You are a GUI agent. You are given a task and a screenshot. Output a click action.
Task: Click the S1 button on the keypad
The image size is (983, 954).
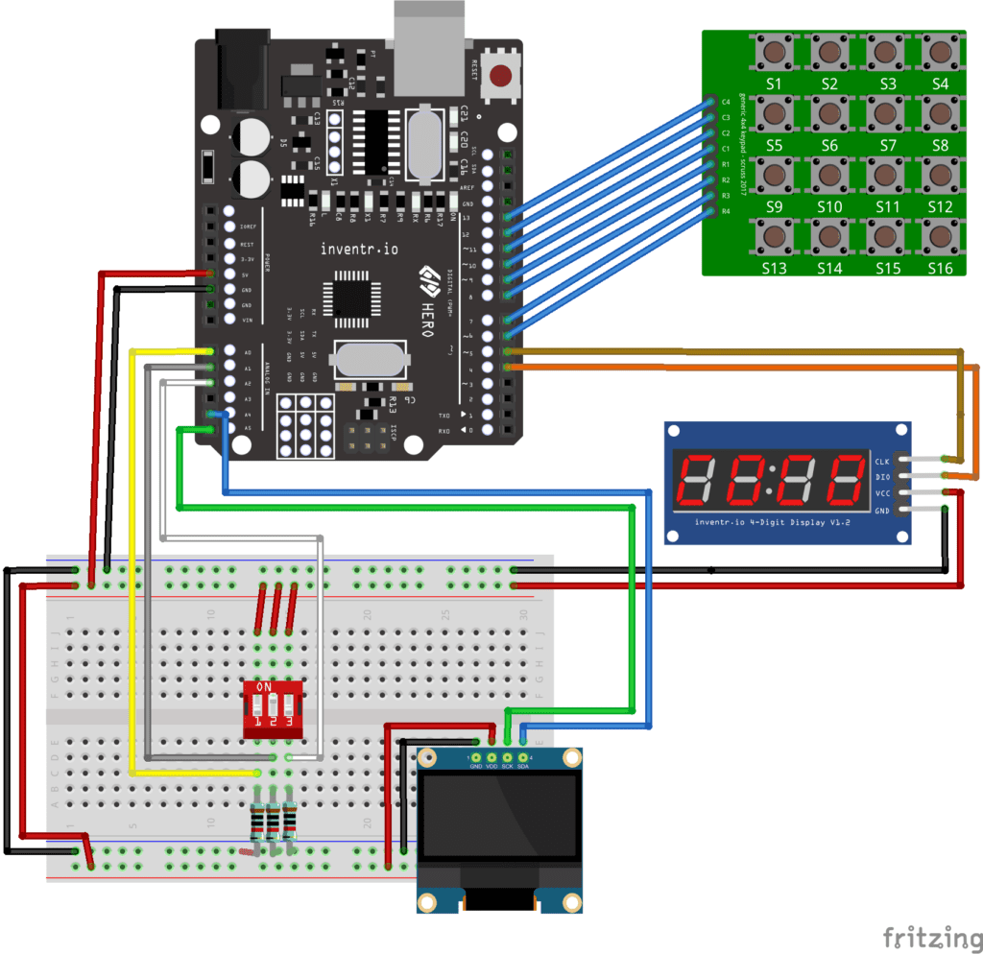pos(774,52)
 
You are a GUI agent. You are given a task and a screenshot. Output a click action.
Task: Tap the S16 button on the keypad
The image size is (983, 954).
pos(941,235)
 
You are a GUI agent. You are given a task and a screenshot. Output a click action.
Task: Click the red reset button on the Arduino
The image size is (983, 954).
pos(501,75)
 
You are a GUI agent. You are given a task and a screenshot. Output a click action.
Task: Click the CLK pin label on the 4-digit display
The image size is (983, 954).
pos(883,462)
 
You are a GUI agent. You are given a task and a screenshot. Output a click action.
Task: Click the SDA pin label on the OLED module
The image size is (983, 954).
pos(522,766)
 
